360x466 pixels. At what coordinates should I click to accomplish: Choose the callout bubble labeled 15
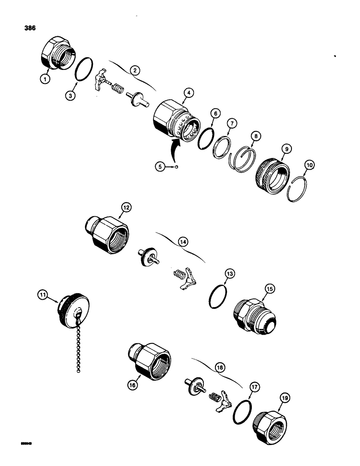click(x=270, y=289)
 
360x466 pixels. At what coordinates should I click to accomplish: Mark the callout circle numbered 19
click(x=284, y=397)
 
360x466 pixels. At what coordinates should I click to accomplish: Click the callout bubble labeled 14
click(x=182, y=241)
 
